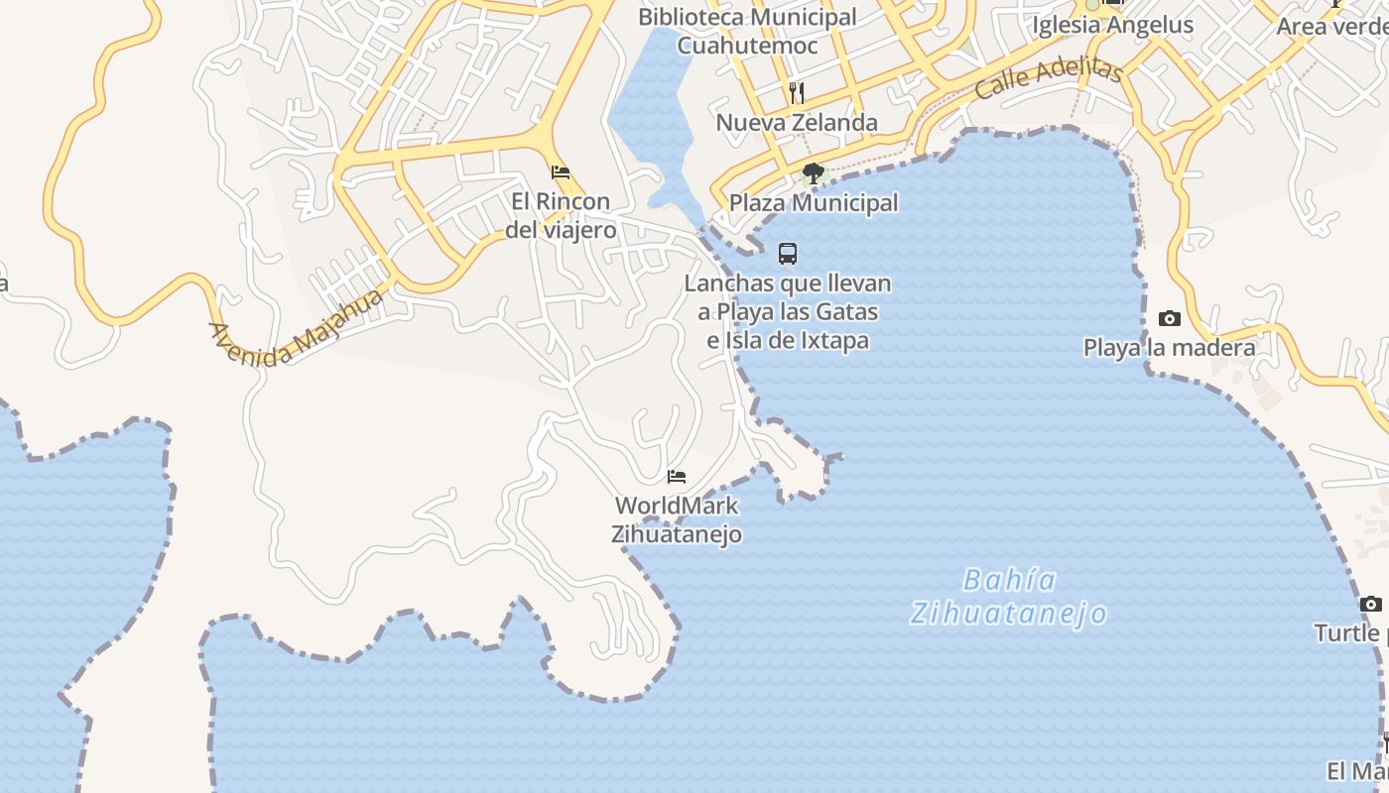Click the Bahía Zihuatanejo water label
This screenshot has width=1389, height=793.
coord(1009,596)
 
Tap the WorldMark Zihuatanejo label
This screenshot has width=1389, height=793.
coord(677,519)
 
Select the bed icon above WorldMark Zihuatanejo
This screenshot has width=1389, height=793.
coord(677,477)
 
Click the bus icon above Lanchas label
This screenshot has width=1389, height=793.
coord(788,254)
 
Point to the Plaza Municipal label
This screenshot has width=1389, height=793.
coord(814,203)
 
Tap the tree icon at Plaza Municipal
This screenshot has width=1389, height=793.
coord(814,174)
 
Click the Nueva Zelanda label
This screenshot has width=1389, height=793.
coord(797,123)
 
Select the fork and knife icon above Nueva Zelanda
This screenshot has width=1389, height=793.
coord(796,93)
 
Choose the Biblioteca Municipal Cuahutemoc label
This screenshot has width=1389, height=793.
coord(747,31)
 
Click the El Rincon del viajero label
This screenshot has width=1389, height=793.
coord(561,216)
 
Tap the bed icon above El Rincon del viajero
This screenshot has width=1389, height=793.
coord(561,172)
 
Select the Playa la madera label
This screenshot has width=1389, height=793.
coord(1169,348)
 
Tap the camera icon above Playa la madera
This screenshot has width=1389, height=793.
coord(1170,319)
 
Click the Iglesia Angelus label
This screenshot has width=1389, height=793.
coord(1112,25)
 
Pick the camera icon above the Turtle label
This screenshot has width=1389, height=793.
coord(1370,604)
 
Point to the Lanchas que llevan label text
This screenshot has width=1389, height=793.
coord(788,283)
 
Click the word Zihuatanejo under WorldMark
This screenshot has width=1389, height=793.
coord(677,534)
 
